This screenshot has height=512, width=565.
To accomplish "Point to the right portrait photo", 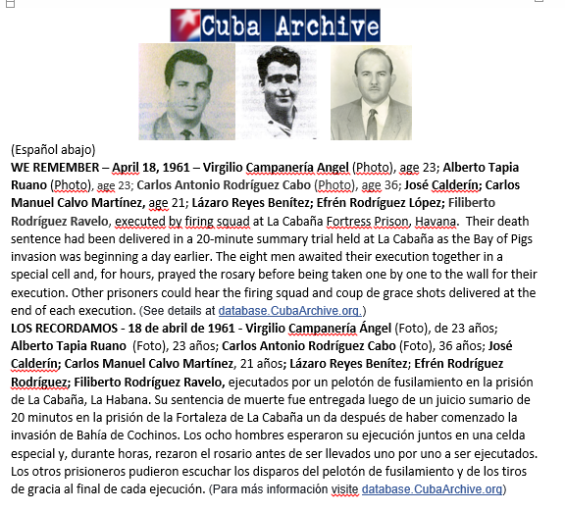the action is tap(371, 92).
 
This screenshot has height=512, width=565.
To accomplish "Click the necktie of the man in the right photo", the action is tap(372, 124).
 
